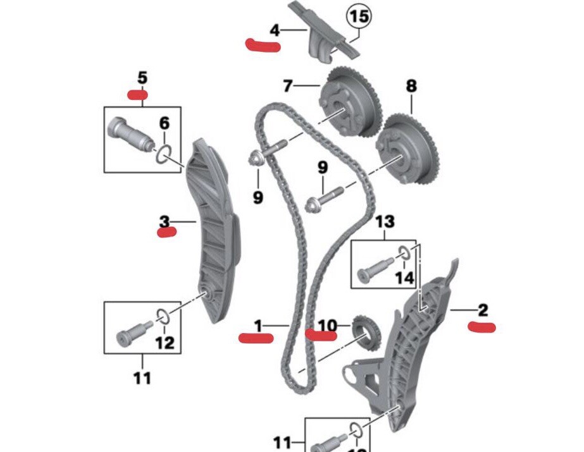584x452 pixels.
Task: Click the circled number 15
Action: click(x=358, y=17)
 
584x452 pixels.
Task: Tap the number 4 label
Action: click(x=274, y=30)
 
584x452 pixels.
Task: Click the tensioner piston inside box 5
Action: click(x=130, y=133)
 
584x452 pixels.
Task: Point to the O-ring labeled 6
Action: click(x=165, y=153)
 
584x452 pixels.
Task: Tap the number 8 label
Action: click(x=411, y=86)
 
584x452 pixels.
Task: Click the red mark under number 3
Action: click(x=167, y=232)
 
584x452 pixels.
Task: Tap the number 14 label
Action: click(x=404, y=278)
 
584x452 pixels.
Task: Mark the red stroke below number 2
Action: click(x=481, y=326)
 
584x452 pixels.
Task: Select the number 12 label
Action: click(x=165, y=343)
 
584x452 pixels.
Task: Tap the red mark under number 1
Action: click(x=256, y=337)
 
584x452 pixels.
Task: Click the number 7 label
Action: click(x=288, y=85)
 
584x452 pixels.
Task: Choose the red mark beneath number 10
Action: click(x=321, y=334)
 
